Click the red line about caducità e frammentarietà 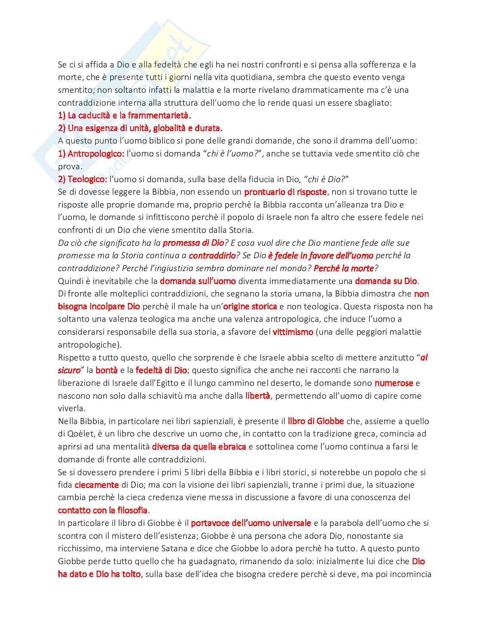tap(125, 115)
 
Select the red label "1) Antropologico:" tap(91, 153)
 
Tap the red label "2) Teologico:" tap(82, 179)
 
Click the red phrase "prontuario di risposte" tap(285, 192)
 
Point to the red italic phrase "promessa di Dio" tap(193, 243)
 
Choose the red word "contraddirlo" tap(212, 256)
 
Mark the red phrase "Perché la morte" tap(344, 269)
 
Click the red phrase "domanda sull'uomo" tap(198, 281)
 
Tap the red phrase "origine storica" tap(250, 306)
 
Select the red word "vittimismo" tap(293, 332)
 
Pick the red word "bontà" tap(107, 370)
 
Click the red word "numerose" tap(394, 383)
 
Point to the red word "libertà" tap(258, 396)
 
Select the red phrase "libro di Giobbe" tap(316, 421)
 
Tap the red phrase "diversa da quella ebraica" tap(199, 447)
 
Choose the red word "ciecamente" tap(97, 485)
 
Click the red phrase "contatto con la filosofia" tap(103, 510)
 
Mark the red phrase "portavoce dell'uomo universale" tap(251, 523)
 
